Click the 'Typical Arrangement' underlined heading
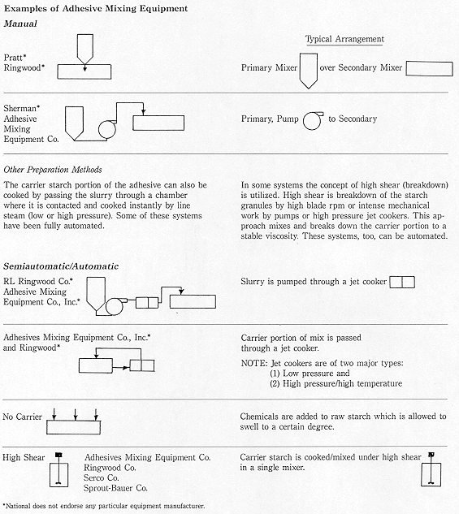click(344, 39)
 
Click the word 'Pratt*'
click(15, 58)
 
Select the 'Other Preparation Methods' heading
click(53, 170)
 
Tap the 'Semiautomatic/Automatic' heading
click(61, 266)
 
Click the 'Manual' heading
click(20, 24)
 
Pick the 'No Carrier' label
click(22, 417)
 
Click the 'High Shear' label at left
click(24, 457)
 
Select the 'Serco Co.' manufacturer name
click(101, 477)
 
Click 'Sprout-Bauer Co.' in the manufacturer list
click(115, 488)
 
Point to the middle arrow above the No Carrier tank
click(76, 415)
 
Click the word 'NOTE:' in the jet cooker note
click(254, 363)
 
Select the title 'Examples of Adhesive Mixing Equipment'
click(96, 8)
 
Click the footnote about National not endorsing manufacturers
click(104, 506)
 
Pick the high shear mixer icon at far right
click(431, 469)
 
